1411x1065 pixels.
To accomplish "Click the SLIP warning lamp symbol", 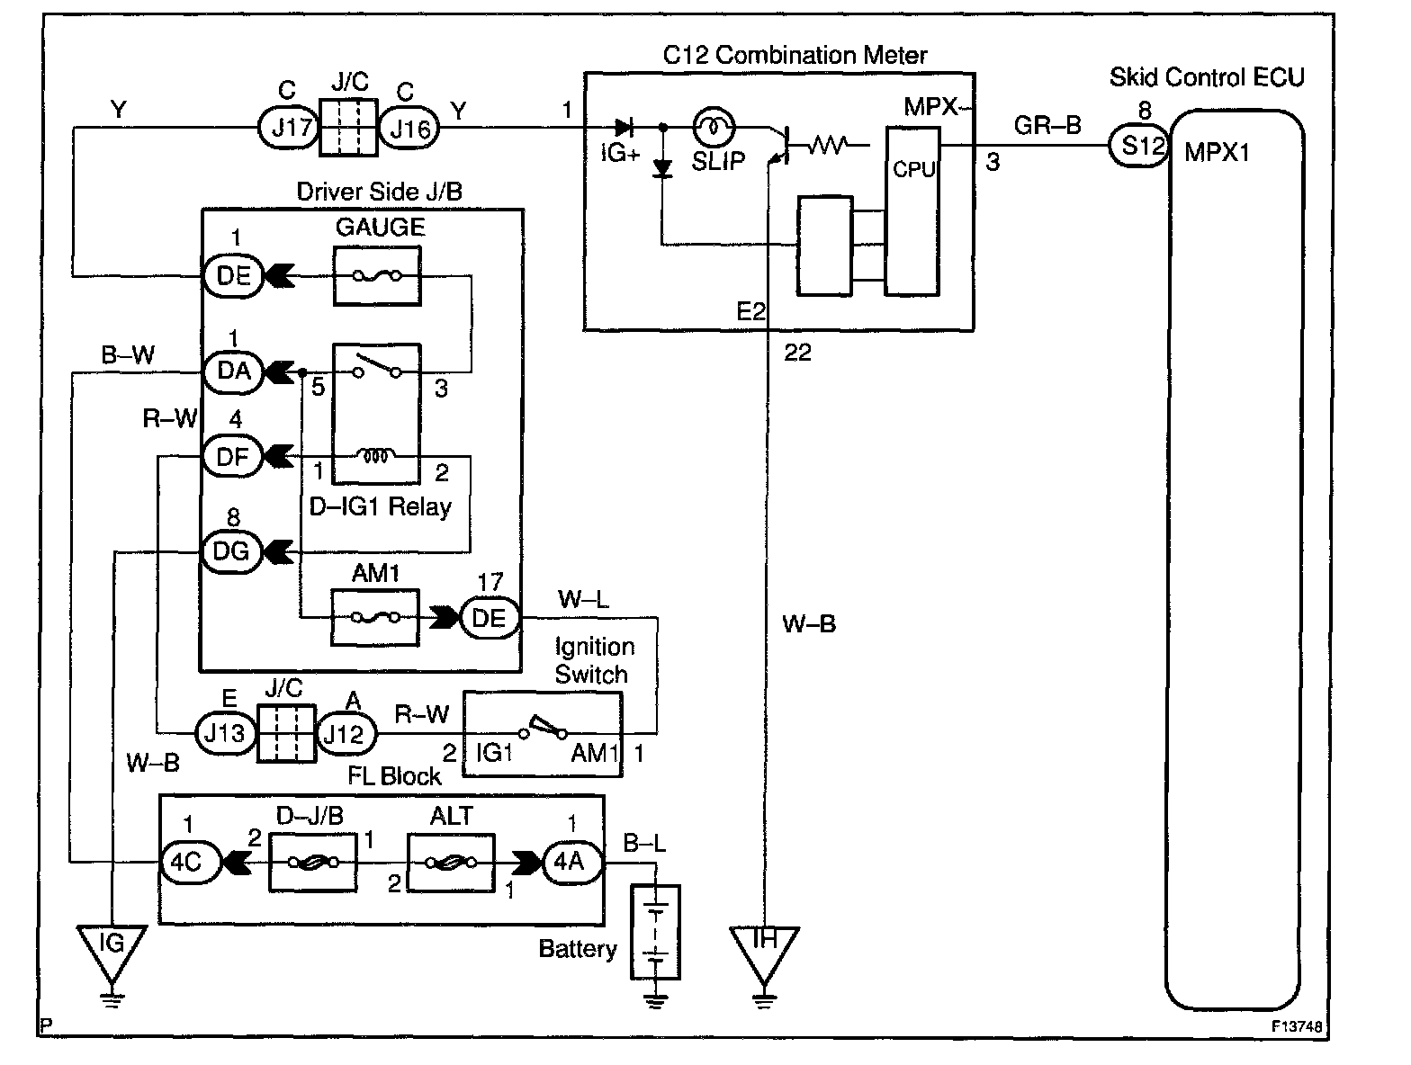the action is tap(713, 127).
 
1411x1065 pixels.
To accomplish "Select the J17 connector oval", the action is tap(289, 128).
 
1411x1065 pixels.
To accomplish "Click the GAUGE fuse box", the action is tap(377, 275).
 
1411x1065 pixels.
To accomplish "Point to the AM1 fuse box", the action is tap(375, 617).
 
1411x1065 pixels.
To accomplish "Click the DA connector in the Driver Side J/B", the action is tap(233, 371).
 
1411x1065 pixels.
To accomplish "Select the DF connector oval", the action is tap(233, 457).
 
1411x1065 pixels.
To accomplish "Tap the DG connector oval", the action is tap(231, 551).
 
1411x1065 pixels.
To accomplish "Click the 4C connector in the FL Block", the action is tap(190, 862).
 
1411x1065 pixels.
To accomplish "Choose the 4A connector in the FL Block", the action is tap(572, 862).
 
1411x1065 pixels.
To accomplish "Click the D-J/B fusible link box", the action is tap(312, 863).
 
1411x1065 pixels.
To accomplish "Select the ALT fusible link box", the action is tap(451, 863).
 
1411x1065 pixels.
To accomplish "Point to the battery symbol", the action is tap(655, 932).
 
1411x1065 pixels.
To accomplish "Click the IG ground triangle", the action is tap(112, 953).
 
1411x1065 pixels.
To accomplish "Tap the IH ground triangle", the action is tap(764, 954).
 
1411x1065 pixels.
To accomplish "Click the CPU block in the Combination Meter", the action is tap(912, 211).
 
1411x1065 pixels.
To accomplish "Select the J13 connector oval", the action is tap(225, 733).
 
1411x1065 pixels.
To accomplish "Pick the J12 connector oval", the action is tap(346, 733).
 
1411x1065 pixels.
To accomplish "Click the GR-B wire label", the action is tap(1047, 125).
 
